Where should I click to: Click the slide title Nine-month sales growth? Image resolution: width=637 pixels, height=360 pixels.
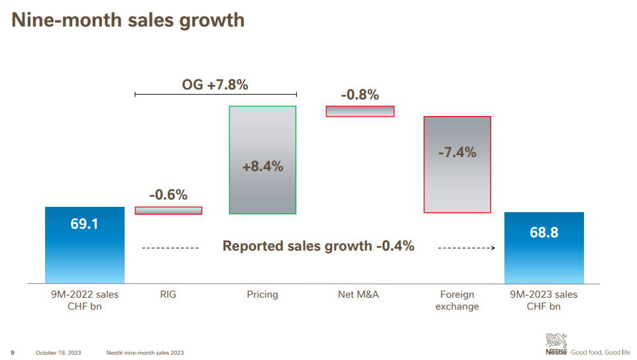pyautogui.click(x=128, y=20)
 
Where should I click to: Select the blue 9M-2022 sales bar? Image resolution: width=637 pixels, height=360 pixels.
pyautogui.click(x=84, y=245)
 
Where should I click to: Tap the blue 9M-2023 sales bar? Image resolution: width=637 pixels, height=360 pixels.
pyautogui.click(x=544, y=247)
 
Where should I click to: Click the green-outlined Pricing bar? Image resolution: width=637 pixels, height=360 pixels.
pyautogui.click(x=262, y=160)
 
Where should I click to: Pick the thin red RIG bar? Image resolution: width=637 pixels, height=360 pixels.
pyautogui.click(x=168, y=211)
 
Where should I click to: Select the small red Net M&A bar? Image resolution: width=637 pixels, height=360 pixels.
pyautogui.click(x=360, y=111)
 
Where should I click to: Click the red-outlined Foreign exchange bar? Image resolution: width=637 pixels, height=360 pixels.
pyautogui.click(x=457, y=164)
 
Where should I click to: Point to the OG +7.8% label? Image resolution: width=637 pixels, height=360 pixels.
pyautogui.click(x=215, y=84)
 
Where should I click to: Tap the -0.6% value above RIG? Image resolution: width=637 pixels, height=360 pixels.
pyautogui.click(x=168, y=195)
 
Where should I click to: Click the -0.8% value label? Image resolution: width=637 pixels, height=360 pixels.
pyautogui.click(x=360, y=95)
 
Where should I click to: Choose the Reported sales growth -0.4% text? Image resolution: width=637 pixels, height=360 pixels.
pyautogui.click(x=318, y=246)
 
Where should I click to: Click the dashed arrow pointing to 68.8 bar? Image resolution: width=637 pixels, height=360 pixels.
pyautogui.click(x=467, y=248)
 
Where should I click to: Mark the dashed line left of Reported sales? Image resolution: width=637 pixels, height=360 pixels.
pyautogui.click(x=170, y=248)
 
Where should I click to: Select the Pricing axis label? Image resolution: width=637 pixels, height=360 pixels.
pyautogui.click(x=262, y=294)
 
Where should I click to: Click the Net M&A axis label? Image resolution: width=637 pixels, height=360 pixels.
pyautogui.click(x=358, y=294)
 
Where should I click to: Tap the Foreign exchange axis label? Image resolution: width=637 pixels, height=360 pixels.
pyautogui.click(x=457, y=300)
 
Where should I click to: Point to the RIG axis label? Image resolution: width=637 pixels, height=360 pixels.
pyautogui.click(x=168, y=294)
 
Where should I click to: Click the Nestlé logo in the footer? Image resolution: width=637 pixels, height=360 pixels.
pyautogui.click(x=556, y=345)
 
